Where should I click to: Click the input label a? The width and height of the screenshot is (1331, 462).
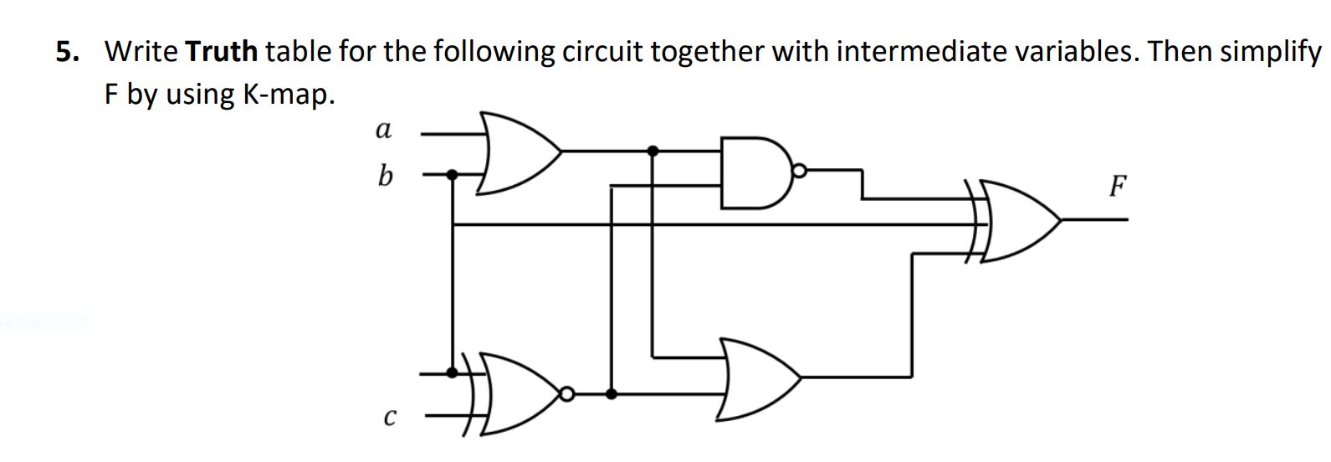click(383, 131)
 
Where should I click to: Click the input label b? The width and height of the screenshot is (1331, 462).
click(384, 176)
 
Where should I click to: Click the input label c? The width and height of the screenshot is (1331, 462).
click(387, 415)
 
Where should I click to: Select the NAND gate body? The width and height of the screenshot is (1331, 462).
click(753, 173)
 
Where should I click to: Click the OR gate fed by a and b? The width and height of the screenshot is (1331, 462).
click(514, 152)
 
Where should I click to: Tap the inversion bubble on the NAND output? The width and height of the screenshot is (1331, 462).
click(799, 172)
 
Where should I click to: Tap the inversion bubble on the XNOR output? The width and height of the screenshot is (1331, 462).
click(567, 393)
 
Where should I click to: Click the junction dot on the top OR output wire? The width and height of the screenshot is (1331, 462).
click(653, 151)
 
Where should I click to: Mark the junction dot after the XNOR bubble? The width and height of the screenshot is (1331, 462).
click(612, 393)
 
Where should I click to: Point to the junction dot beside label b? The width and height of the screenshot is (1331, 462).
click(453, 175)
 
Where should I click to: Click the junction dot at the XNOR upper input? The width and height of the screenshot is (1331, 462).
click(453, 372)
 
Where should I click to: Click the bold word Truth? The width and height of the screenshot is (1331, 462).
click(222, 52)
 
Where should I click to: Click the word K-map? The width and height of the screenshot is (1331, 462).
click(289, 95)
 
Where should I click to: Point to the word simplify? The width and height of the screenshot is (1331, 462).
click(1271, 52)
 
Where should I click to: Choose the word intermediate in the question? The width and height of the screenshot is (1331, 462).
click(921, 52)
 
